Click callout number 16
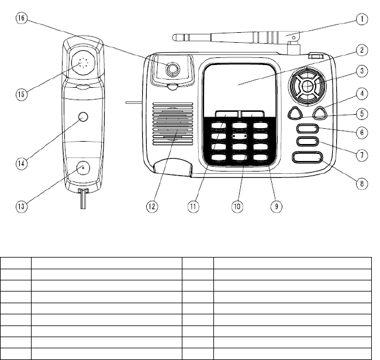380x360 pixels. pos(21,18)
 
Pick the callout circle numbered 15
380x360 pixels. pos(21,92)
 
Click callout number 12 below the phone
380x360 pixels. pos(151,206)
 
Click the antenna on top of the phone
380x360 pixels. pos(234,38)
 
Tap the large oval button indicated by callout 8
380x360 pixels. pos(308,157)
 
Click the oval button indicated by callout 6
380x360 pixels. pos(308,129)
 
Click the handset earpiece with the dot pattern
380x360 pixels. pos(82,63)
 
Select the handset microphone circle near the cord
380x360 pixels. pos(83,169)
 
